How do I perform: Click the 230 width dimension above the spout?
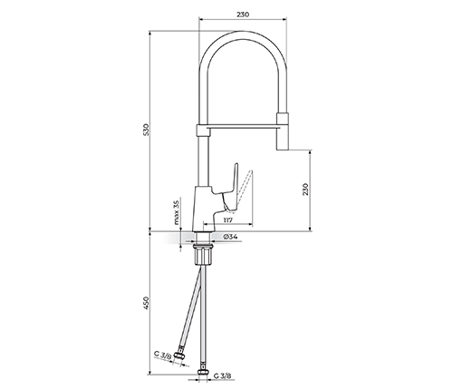[x=243, y=15]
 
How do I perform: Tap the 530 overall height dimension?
[x=146, y=130]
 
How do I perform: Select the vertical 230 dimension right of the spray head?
[x=305, y=190]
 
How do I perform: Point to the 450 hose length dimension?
[x=146, y=303]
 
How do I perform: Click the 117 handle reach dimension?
[x=228, y=220]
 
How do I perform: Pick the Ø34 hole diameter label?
[x=230, y=237]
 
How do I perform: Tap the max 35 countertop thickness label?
[x=177, y=212]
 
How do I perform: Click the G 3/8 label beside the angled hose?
[x=162, y=356]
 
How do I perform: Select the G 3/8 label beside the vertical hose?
[x=223, y=376]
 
